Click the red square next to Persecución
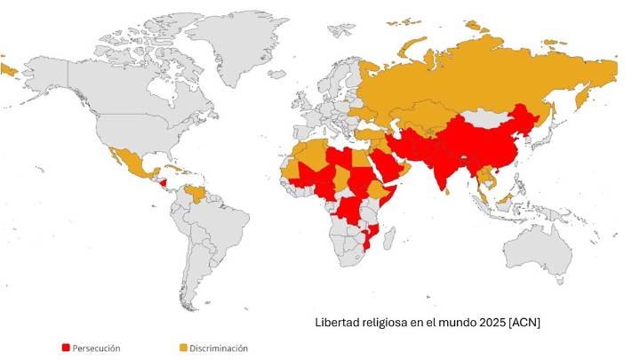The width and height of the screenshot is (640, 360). pos(66,348)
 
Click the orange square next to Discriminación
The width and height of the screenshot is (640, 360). pos(183,348)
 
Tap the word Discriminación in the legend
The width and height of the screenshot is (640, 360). pos(219,348)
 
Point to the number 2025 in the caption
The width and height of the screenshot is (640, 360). pos(487,322)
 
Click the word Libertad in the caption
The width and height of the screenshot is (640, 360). pos(339,322)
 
